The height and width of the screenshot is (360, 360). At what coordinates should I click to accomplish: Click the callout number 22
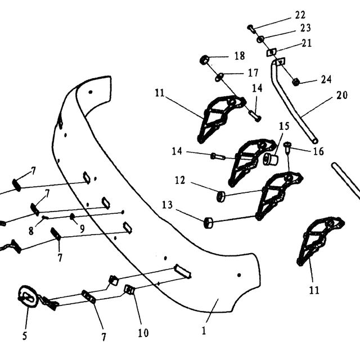point(300,15)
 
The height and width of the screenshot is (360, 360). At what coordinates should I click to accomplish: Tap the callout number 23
point(305,28)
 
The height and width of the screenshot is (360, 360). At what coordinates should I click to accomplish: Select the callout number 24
point(326,80)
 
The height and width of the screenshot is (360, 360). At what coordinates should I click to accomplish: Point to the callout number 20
point(342,95)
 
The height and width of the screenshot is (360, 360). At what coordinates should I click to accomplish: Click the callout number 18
point(240,56)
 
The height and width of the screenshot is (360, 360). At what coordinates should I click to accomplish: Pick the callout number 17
point(253,73)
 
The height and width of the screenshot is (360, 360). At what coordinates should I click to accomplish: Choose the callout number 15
point(284,126)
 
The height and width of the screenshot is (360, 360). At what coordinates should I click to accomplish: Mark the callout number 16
point(319,151)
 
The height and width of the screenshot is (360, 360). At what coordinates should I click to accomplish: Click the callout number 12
point(180,180)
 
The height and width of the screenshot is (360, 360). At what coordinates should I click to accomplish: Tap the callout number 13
point(167,205)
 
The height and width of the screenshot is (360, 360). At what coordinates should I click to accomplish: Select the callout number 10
point(143,332)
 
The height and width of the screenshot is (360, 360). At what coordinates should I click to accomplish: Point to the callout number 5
point(25,336)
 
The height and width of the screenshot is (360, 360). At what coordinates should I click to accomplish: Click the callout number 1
point(204,331)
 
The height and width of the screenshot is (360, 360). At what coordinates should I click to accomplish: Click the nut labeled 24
point(295,82)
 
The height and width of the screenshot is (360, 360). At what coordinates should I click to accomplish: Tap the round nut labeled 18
point(204,60)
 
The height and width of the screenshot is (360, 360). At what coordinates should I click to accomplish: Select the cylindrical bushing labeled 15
point(271,159)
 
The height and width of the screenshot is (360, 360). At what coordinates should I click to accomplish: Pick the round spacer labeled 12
point(221,196)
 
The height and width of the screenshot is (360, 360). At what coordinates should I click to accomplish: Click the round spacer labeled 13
point(208,223)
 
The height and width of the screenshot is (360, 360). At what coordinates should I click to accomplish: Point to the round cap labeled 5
point(28,296)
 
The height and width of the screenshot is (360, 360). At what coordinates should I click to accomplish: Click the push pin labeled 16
point(287,147)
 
